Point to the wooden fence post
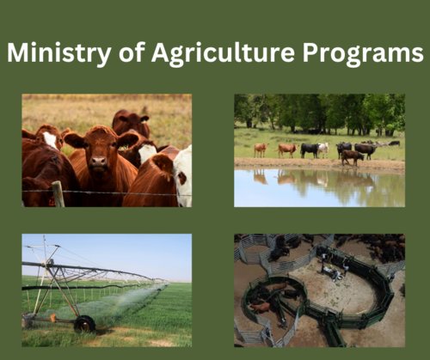pos(58,194)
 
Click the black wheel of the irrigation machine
pos(84,324)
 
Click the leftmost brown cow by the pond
pos(260,149)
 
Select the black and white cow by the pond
pos(310,149)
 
